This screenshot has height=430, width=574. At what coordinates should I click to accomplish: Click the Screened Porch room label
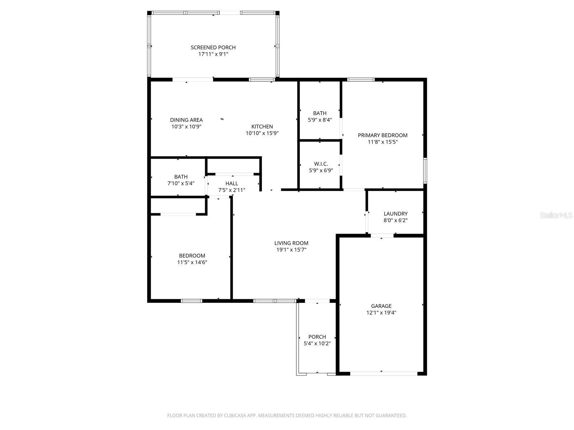213,47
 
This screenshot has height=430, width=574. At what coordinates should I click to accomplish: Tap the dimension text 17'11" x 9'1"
213,54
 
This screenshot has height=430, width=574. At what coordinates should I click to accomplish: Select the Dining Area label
186,120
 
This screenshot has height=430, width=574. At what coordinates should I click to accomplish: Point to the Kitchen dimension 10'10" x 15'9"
262,133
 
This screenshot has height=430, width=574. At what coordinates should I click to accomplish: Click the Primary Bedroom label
382,135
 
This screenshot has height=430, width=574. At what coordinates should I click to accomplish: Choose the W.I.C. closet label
321,164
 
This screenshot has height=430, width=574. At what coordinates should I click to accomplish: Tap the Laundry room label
395,214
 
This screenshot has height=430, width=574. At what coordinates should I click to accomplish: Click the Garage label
381,306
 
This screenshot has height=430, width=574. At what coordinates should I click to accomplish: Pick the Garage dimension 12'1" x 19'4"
381,312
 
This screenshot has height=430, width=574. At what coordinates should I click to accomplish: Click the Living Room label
291,243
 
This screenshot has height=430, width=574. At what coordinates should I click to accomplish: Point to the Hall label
232,183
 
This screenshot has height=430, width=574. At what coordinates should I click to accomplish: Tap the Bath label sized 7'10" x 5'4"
181,177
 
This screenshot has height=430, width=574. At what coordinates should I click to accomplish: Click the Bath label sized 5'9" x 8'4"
320,113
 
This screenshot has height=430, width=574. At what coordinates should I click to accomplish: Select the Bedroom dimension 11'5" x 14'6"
192,262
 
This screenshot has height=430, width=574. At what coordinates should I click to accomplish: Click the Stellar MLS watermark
556,215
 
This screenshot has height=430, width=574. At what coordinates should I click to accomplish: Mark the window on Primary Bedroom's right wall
425,171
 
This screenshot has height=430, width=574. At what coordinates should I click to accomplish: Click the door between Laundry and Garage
382,235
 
